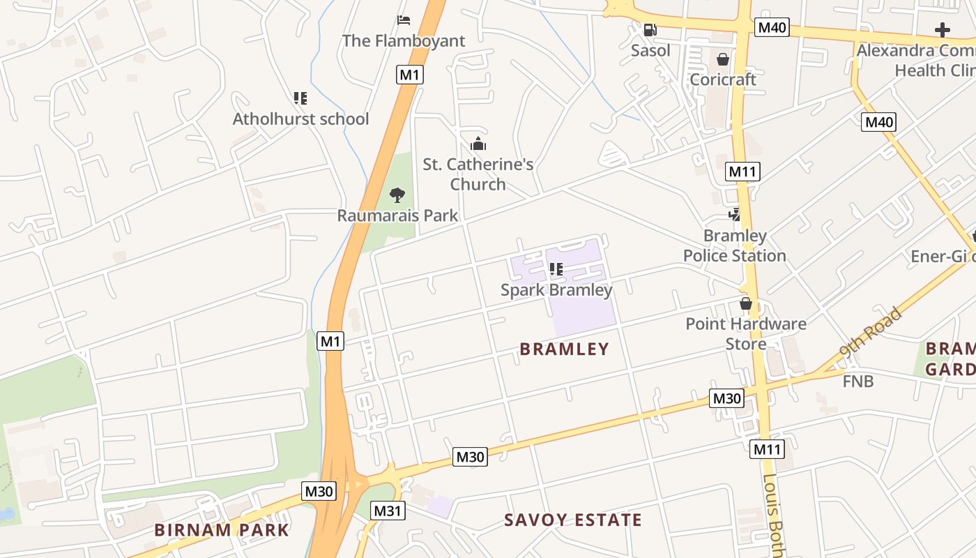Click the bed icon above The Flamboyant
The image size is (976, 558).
coord(404,20)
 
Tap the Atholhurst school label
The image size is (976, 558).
coord(300,119)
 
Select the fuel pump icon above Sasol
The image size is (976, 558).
coord(650,30)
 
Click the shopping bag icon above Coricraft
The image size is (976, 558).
coord(723,59)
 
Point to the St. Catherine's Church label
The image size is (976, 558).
coord(478,174)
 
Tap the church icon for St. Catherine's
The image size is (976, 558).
coord(478,144)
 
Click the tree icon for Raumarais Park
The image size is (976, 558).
coord(397,195)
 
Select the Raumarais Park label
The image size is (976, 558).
coord(397,215)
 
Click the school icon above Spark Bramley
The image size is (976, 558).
coord(556,269)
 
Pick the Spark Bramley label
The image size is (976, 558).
coord(556,289)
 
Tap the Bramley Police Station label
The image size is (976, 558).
coord(735,246)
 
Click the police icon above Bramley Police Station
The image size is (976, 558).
coord(735,215)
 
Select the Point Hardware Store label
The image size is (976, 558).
coord(746,333)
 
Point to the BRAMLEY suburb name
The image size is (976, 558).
coord(565,349)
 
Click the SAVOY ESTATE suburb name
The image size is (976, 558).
coord(573,520)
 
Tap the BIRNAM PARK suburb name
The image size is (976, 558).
coord(222,529)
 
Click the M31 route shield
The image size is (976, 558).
coord(387,511)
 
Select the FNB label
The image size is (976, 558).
coord(857,381)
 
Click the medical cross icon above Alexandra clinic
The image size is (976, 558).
coord(943,30)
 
